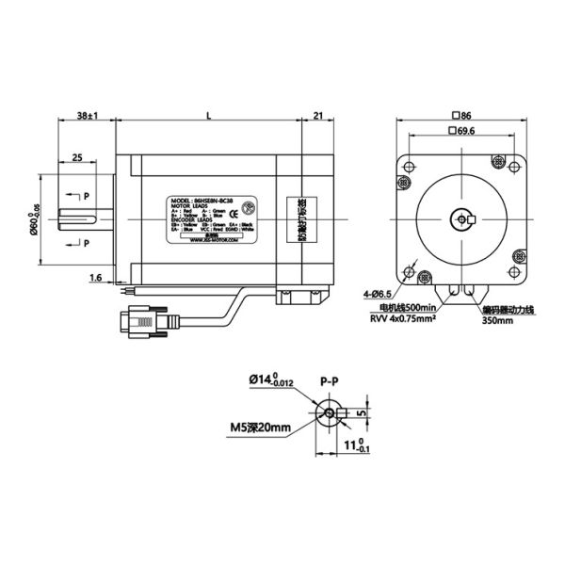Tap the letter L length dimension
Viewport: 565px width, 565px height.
207,115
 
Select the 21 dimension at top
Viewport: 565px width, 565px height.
316,115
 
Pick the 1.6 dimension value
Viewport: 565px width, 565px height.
95,278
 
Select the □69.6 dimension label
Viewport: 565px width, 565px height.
460,131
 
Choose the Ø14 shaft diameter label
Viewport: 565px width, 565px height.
274,380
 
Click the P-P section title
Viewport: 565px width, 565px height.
330,381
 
